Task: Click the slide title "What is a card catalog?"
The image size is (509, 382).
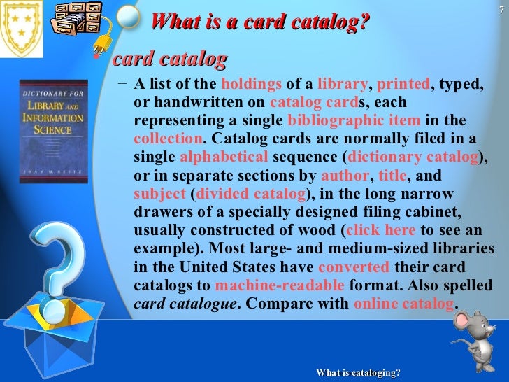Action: point(259,22)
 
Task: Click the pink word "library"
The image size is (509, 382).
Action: point(342,85)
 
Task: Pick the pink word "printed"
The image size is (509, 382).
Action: point(403,85)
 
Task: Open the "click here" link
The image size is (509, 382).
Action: point(380,229)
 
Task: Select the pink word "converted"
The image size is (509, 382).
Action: point(353,267)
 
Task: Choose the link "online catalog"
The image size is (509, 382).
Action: point(403,304)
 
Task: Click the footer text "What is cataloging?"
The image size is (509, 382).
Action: point(358,373)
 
